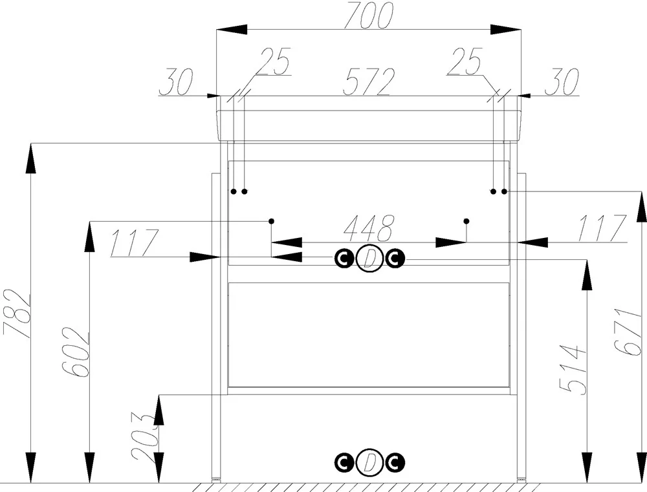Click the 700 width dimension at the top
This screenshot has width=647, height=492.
pos(368,16)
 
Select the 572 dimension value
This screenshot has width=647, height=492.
pos(368,81)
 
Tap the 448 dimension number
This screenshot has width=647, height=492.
pos(368,228)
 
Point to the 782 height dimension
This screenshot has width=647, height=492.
pos(17,314)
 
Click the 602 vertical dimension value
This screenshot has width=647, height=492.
pos(76,352)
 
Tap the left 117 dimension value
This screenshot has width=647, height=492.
pos(134,243)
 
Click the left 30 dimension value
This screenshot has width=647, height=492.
pos(175,81)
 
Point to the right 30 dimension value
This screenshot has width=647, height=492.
pos(562,81)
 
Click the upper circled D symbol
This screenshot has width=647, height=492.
pos(369,259)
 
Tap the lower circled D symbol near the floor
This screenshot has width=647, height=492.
pos(369,462)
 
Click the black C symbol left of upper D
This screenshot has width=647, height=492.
pos(344,259)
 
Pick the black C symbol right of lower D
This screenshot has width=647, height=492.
pos(395,462)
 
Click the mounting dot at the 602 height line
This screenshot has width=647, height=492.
pos(271,222)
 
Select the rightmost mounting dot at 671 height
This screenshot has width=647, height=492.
pos(504,191)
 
